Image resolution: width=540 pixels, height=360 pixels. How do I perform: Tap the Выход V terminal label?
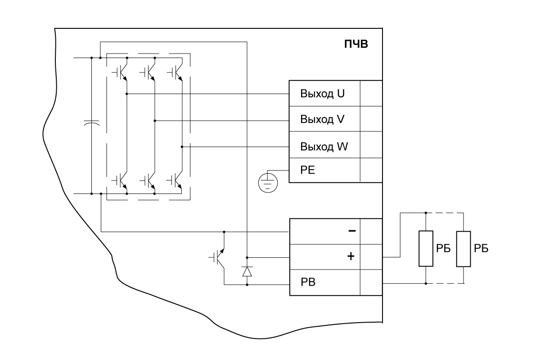[x=322, y=120]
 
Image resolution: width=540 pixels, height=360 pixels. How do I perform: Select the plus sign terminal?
[x=351, y=257]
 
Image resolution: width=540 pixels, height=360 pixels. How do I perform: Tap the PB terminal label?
[x=308, y=283]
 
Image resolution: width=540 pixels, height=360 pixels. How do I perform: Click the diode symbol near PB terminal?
[x=247, y=271]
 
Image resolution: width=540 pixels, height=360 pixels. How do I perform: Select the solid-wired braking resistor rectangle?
[x=426, y=249]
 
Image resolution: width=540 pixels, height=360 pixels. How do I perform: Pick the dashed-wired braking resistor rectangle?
[x=463, y=249]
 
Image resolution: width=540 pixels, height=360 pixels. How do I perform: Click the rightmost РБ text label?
[x=482, y=249]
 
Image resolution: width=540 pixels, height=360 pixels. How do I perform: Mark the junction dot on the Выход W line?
[x=182, y=147]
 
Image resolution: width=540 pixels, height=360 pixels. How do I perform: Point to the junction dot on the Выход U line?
[x=127, y=94]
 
